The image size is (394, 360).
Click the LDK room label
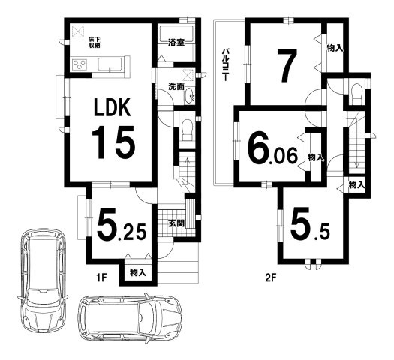point(112,107)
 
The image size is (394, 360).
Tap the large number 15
point(113,142)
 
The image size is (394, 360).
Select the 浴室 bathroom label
point(176,43)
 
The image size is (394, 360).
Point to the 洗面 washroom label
point(176,86)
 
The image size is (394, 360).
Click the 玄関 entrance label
point(176,223)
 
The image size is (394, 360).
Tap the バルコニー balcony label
point(225,64)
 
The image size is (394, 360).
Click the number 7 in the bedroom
point(287,65)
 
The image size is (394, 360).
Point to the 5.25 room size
point(122,224)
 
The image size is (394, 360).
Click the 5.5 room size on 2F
point(309,224)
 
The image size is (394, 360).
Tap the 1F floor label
point(102,277)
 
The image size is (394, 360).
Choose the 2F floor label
point(271,277)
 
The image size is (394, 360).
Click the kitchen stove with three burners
point(80,64)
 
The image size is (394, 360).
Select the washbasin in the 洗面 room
point(190,96)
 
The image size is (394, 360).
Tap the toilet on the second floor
point(356,93)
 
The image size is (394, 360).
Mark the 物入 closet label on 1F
point(138,272)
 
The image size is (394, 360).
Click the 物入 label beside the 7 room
point(335,48)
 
